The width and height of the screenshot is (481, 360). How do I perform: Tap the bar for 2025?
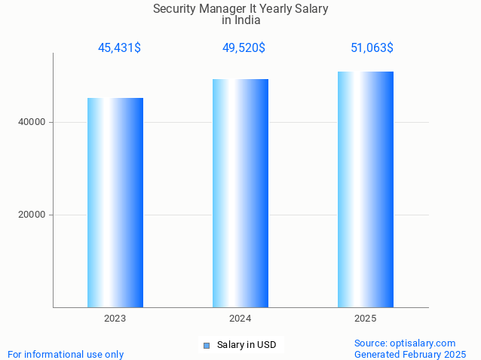366,189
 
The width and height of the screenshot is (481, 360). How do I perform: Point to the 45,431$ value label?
119,48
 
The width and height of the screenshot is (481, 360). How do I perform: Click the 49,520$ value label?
244,48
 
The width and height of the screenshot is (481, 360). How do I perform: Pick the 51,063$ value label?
372,48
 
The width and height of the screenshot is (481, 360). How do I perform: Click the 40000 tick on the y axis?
32,122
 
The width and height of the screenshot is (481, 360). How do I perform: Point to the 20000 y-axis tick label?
32,215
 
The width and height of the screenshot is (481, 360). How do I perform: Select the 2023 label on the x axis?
115,319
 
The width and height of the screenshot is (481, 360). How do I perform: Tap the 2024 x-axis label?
240,319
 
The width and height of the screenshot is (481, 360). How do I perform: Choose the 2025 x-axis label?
366,319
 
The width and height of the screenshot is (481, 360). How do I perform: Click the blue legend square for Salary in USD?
206,346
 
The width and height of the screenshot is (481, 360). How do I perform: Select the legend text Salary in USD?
247,345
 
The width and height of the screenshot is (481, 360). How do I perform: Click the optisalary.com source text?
405,343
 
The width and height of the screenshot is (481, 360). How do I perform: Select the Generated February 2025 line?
410,354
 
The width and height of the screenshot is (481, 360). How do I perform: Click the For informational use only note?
66,354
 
